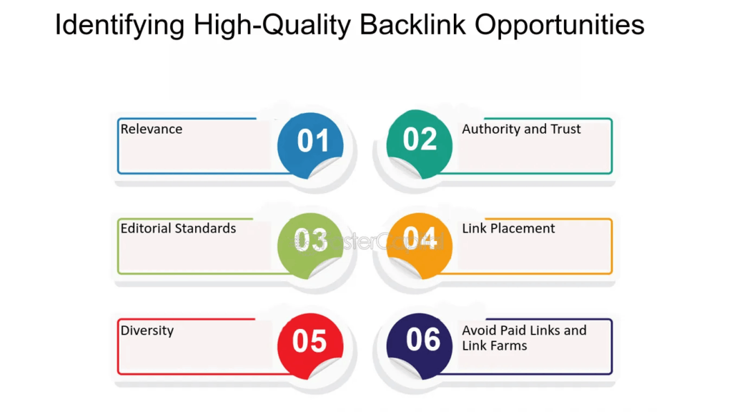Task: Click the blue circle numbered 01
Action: (x=310, y=142)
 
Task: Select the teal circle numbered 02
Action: (x=420, y=140)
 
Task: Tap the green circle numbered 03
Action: (x=310, y=241)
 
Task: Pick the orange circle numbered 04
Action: (x=420, y=240)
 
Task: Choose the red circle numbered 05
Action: (x=310, y=342)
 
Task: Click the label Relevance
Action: (x=151, y=129)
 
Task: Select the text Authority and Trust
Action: (x=521, y=129)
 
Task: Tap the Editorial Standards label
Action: (x=178, y=229)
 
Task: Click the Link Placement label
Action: (x=508, y=229)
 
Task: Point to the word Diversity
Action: (x=147, y=330)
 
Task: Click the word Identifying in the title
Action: (x=118, y=26)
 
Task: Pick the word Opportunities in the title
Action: (x=560, y=26)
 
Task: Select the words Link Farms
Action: (x=494, y=346)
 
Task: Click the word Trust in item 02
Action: (x=565, y=129)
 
